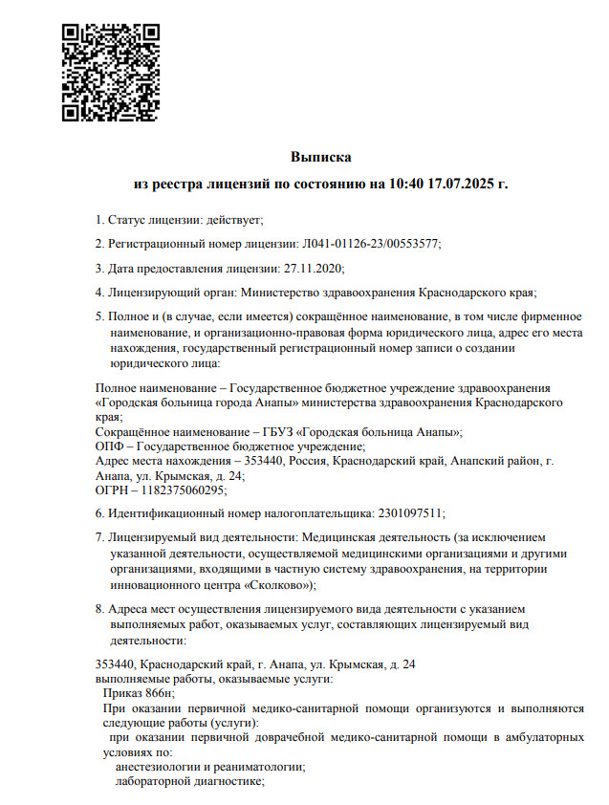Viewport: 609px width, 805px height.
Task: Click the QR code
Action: click(x=110, y=73)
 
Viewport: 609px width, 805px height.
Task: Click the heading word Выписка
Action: click(x=321, y=155)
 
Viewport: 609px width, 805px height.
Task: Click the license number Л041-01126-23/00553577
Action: click(x=370, y=244)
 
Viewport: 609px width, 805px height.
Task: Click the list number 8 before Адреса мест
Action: click(x=99, y=608)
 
